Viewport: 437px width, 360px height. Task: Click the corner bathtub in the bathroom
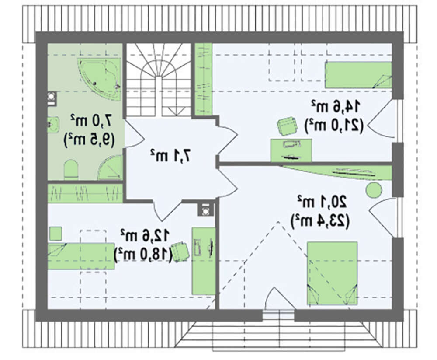click(x=99, y=78)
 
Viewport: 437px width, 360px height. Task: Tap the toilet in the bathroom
click(x=71, y=169)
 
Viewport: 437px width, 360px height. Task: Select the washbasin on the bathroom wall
click(x=53, y=125)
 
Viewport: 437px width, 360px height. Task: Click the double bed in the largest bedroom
click(x=332, y=273)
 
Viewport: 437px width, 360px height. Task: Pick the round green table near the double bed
click(x=374, y=190)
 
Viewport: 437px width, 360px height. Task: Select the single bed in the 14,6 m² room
click(x=358, y=75)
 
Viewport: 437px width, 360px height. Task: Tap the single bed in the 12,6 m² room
click(x=81, y=256)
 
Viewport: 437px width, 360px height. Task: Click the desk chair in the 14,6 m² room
click(x=287, y=126)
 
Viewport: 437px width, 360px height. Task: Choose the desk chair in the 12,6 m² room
click(x=180, y=252)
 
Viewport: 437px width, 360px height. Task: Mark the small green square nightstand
click(x=55, y=234)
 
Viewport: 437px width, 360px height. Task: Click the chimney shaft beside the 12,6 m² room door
click(x=206, y=209)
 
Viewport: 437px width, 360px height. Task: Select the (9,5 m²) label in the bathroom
click(x=89, y=140)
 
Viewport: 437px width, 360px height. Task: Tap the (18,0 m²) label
click(x=143, y=254)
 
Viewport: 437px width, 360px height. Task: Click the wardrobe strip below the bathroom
click(x=85, y=193)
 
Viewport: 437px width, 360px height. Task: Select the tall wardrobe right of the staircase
click(x=204, y=80)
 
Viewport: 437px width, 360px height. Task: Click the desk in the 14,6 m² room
click(x=291, y=150)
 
